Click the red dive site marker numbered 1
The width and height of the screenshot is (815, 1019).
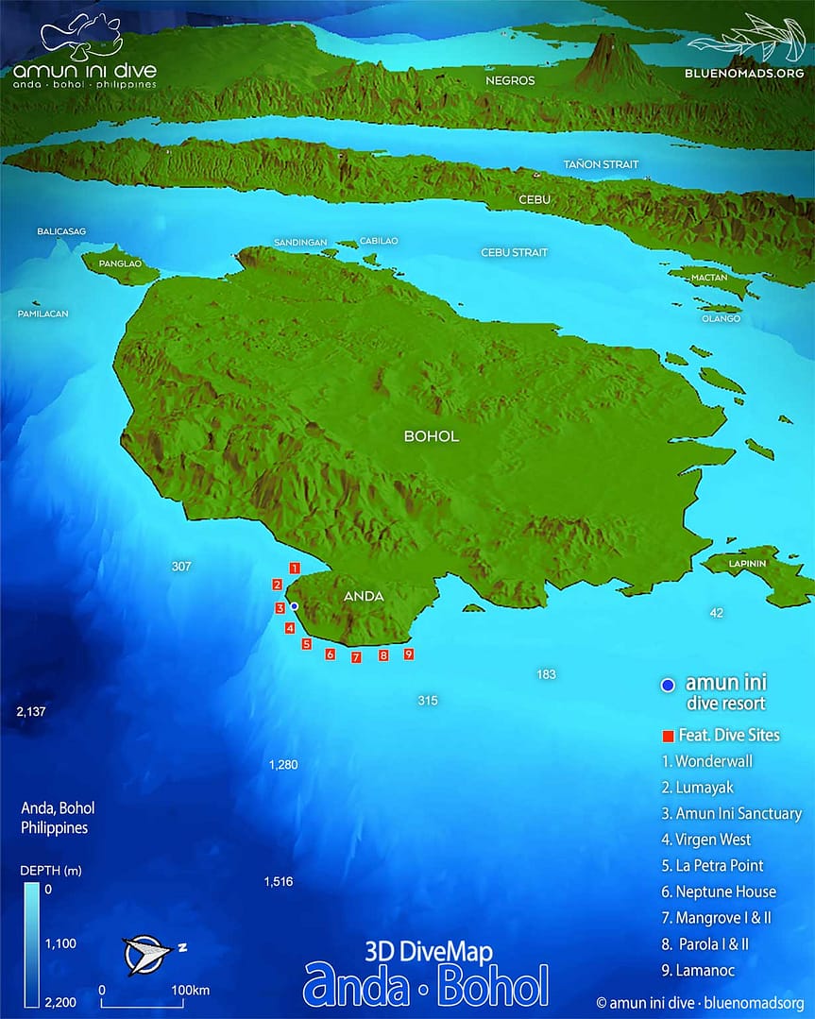295,569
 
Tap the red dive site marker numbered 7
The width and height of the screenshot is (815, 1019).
356,657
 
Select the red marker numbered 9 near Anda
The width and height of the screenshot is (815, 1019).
408,654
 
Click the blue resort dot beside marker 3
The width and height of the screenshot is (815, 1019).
294,606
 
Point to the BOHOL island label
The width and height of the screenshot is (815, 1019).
431,436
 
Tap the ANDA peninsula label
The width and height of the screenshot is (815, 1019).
363,596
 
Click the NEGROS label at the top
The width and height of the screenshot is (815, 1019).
510,80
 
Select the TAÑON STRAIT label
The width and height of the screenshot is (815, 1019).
601,164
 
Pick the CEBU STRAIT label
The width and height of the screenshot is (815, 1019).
514,252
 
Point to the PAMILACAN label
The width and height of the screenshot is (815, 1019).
42,314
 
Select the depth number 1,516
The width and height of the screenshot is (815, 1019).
279,881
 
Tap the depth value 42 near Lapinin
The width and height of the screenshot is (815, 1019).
716,613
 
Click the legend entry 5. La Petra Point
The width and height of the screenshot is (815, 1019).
720,865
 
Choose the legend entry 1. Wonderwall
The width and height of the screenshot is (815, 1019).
713,760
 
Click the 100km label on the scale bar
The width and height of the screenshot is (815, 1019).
189,990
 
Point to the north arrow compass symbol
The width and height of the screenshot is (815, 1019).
146,954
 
